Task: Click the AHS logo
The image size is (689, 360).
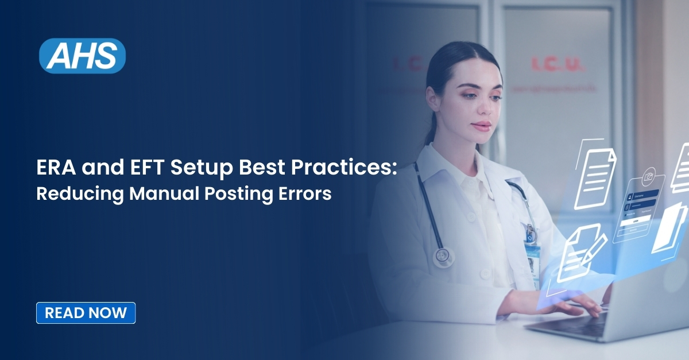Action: [82, 56]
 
